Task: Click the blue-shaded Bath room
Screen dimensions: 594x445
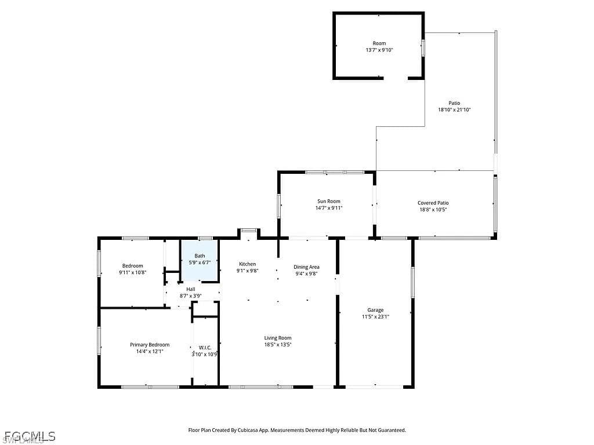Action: tap(200, 260)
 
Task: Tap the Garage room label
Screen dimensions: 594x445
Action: tap(375, 310)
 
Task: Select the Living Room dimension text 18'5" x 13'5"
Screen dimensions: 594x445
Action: tap(278, 345)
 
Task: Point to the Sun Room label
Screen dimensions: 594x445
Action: tap(329, 201)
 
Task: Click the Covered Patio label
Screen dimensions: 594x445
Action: tap(433, 203)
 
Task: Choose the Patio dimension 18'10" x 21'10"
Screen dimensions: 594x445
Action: tap(454, 110)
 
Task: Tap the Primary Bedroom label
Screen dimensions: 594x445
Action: tap(150, 345)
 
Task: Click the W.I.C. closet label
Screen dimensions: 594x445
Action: tap(205, 348)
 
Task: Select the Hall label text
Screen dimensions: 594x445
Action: tap(190, 289)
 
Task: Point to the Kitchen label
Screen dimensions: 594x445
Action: tap(247, 264)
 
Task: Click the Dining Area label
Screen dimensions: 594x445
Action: tap(306, 267)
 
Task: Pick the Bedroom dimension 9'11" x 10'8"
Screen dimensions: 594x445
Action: tap(133, 272)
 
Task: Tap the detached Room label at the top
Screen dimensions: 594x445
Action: tap(379, 43)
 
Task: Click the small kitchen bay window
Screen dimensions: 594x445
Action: tap(248, 229)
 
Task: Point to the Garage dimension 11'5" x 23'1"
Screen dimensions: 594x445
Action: tap(375, 317)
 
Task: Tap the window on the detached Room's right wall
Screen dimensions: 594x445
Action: tap(423, 49)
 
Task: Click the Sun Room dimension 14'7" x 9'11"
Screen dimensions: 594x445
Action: tap(329, 208)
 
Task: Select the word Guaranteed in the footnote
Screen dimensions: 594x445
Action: tap(393, 431)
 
